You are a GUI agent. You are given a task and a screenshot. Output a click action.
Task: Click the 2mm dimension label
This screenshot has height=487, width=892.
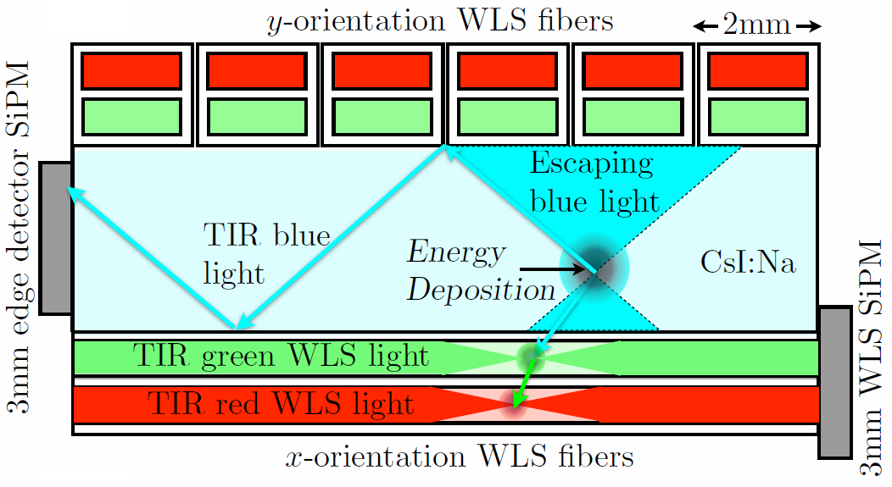coord(758,26)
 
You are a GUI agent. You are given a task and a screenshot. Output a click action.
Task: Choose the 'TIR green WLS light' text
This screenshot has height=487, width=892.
coord(280,357)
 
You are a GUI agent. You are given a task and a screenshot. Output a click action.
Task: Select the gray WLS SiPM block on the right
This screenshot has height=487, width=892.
coord(836,382)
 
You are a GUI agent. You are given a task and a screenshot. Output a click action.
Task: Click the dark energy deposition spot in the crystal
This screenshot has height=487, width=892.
coord(597,270)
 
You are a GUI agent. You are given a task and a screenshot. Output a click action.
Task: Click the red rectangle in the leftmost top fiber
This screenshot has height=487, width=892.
coord(131,70)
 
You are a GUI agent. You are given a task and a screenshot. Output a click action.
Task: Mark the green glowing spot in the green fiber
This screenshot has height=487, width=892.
coord(532,356)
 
